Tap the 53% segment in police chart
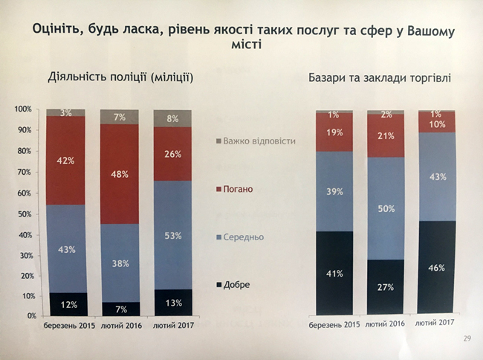pyautogui.click(x=172, y=236)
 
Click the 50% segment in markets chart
pyautogui.click(x=385, y=209)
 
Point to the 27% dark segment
pyautogui.click(x=385, y=287)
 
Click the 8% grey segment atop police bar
pyautogui.click(x=172, y=118)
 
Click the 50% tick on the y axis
pyautogui.click(x=25, y=213)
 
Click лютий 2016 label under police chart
pyautogui.click(x=119, y=326)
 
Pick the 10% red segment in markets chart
pyautogui.click(x=436, y=123)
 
